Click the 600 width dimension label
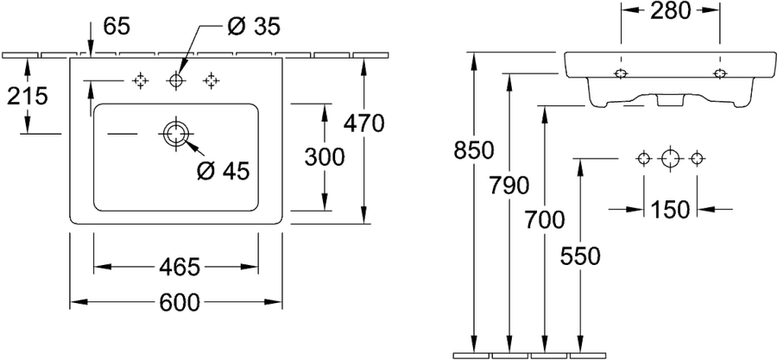180,302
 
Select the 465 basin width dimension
179,268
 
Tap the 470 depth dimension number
364,123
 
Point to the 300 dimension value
324,158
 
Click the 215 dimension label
28,96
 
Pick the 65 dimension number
117,26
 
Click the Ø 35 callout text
254,26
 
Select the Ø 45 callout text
223,171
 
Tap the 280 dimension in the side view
671,11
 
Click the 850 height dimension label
474,150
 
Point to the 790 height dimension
509,186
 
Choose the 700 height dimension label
545,220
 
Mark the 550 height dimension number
580,256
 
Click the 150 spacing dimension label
670,210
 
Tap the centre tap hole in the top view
176,79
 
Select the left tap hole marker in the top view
140,79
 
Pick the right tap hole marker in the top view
212,79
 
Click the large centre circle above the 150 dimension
670,159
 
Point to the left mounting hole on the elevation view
621,73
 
